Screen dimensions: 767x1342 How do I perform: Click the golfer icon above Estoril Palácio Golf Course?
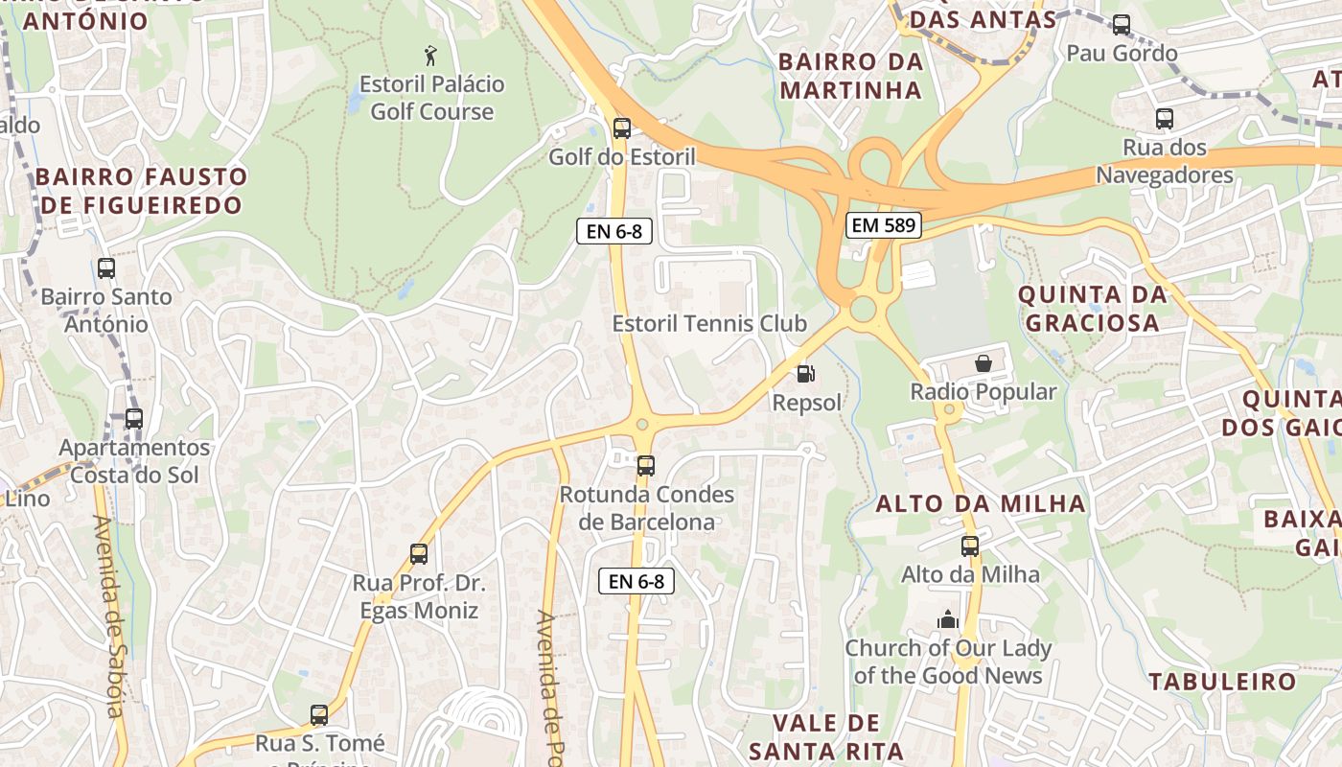430,55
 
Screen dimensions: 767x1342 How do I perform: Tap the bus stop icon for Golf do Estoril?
622,128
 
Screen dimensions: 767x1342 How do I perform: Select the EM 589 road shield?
883,226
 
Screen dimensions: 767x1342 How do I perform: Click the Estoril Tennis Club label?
709,324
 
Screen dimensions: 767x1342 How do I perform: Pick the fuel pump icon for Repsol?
806,374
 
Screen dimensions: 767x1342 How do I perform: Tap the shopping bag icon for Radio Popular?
983,363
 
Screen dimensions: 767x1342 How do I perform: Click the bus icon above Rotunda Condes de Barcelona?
646,466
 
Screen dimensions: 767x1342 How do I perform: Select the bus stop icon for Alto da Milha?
970,546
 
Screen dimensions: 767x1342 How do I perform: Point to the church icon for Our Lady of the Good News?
948,619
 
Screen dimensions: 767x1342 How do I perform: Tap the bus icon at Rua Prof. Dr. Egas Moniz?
419,553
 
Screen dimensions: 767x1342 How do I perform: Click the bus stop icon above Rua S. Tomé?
319,715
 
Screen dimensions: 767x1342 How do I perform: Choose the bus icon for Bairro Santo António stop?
106,268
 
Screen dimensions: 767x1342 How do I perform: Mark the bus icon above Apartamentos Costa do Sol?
134,419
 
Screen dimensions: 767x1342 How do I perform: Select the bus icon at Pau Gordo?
1122,25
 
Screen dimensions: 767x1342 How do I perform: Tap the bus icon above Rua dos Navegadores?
1165,119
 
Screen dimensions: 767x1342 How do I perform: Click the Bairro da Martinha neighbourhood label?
850,76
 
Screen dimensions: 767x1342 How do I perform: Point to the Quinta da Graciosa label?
1093,309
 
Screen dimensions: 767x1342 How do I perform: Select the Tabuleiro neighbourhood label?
1222,683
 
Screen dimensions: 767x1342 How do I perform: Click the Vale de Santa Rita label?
826,736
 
